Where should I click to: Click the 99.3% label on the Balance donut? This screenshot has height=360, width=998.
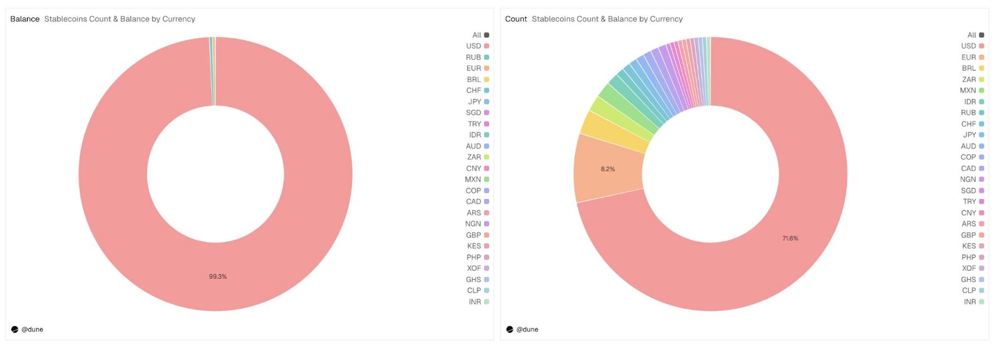coord(218,276)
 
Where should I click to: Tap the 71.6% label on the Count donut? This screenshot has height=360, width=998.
coord(790,238)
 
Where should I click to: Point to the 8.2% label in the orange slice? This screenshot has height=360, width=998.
coord(608,169)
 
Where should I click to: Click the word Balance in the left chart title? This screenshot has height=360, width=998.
coord(25,19)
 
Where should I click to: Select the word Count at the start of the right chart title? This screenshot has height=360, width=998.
coord(516,19)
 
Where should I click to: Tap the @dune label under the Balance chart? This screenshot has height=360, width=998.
coord(32,329)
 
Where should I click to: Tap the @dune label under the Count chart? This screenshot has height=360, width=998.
coord(527,329)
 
